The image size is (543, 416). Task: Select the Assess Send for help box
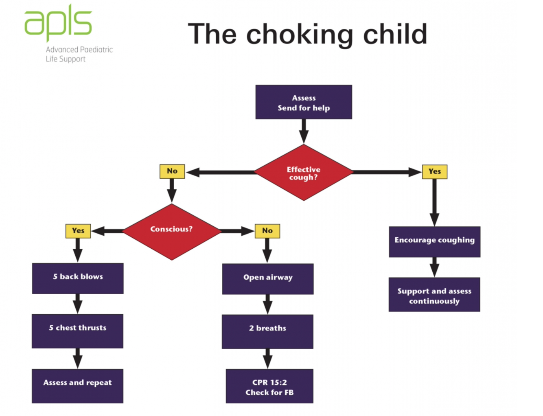click(x=304, y=102)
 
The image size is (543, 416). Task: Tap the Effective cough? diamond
click(x=304, y=173)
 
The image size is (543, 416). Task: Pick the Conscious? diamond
click(x=172, y=231)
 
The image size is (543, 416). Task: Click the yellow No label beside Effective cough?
click(x=172, y=171)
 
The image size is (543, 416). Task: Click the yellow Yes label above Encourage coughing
click(x=434, y=172)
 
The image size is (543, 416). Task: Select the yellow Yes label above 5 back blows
click(x=78, y=231)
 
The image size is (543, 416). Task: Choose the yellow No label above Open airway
click(x=267, y=231)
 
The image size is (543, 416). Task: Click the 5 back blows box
click(x=78, y=278)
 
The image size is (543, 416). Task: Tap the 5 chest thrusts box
click(x=78, y=331)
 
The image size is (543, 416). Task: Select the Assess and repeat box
click(x=78, y=385)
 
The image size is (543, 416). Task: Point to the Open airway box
click(x=268, y=279)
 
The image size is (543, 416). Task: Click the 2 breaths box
click(x=267, y=331)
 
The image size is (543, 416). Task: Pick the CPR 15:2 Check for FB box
click(x=269, y=386)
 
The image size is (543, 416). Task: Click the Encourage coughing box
click(x=434, y=241)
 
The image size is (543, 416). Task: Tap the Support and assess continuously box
click(x=434, y=295)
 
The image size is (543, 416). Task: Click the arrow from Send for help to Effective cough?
click(x=304, y=131)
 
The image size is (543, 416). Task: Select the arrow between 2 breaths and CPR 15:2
click(x=267, y=359)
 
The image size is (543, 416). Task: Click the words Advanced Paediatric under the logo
click(x=79, y=50)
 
